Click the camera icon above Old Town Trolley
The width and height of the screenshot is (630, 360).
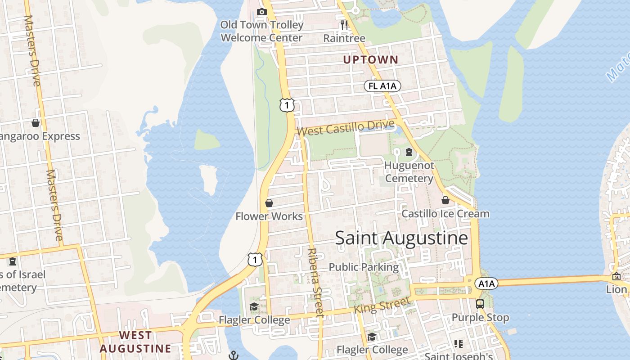[x=261, y=12]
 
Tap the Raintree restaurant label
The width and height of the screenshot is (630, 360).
[x=344, y=38]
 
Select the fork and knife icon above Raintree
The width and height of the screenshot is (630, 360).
[x=344, y=25]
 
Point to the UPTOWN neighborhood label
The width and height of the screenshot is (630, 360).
[x=371, y=59]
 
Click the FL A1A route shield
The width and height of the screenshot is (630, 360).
[x=382, y=86]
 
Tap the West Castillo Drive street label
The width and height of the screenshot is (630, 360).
[x=346, y=128]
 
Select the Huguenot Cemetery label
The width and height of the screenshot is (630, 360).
[x=409, y=172]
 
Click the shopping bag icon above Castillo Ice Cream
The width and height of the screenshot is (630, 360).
[x=445, y=200]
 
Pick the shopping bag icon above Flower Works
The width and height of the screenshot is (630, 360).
[x=269, y=203]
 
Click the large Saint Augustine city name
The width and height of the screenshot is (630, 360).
[x=401, y=238]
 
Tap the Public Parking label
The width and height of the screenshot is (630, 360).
[x=364, y=267]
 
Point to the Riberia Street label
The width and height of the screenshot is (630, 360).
[x=315, y=282]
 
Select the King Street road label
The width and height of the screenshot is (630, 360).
[x=382, y=305]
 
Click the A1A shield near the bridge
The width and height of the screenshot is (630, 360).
[x=486, y=283]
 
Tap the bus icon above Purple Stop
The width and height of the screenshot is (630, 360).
[x=480, y=304]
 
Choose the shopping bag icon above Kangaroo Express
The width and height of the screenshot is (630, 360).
[x=36, y=123]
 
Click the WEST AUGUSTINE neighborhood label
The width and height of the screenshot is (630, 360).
[x=135, y=342]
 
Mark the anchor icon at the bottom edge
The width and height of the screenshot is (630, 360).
[x=233, y=355]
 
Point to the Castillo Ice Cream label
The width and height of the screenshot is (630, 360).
[x=445, y=214]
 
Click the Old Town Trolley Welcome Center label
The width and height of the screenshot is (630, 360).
[x=261, y=31]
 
